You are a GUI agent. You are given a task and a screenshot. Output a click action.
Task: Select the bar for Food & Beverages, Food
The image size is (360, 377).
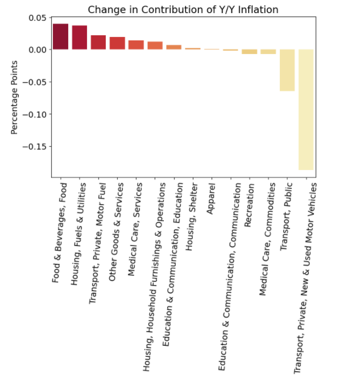click(60, 37)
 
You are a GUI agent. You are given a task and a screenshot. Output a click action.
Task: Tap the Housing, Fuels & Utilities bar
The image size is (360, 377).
click(80, 38)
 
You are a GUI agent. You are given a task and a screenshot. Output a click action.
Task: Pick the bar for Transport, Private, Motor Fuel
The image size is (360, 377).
click(98, 43)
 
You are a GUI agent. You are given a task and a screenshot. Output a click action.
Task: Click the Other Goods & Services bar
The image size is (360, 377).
click(117, 43)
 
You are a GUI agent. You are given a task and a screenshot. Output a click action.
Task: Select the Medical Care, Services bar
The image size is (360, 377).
click(136, 45)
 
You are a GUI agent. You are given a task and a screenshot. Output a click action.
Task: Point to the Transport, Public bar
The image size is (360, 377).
click(287, 70)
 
